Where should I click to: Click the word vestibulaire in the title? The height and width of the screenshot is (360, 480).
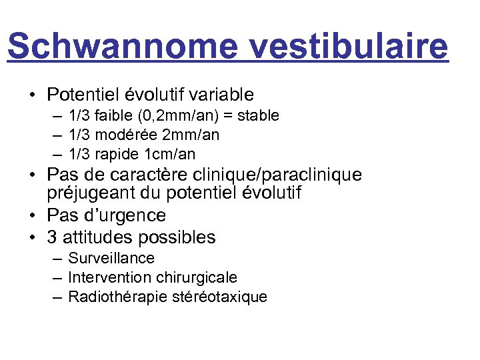pos(343,47)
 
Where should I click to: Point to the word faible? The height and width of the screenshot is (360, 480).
pos(111,116)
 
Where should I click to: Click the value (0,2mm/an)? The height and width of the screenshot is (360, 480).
pos(175,116)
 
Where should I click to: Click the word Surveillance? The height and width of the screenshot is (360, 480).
pos(111,258)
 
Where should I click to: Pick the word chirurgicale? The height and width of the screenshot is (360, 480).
pos(197,277)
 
